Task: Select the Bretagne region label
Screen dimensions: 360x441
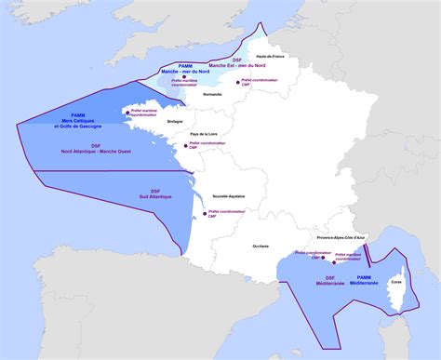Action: [175, 120]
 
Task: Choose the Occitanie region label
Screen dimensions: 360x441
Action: [261, 246]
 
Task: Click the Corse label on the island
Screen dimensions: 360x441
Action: [395, 280]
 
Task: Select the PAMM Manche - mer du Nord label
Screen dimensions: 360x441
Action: [184, 68]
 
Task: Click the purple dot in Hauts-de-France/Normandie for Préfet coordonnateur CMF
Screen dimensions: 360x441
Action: [238, 81]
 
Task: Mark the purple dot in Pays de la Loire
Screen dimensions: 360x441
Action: [185, 146]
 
